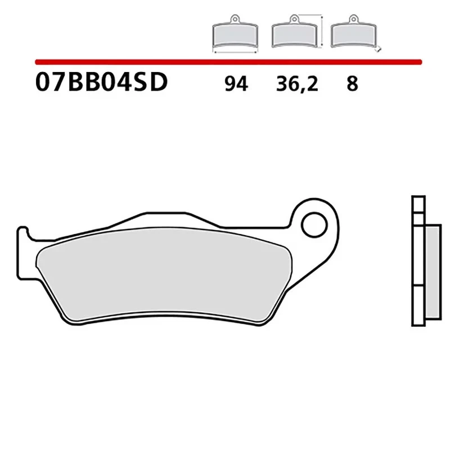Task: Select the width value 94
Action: pos(236,84)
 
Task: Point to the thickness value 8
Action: pos(352,84)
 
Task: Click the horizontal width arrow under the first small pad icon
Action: pos(235,52)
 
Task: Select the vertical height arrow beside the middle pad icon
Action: pos(321,33)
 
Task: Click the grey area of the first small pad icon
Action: pos(235,37)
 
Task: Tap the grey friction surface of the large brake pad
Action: pos(163,276)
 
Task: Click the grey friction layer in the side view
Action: pos(430,270)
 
